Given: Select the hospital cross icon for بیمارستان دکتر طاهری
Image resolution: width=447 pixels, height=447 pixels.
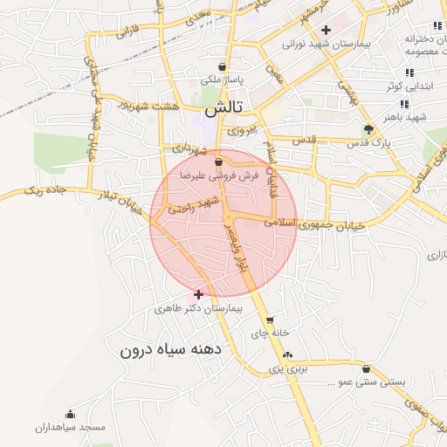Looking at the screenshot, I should (200, 294).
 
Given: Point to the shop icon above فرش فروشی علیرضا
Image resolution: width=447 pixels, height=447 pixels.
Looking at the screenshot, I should (218, 162).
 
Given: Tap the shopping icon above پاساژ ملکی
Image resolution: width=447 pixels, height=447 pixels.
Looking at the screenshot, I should (224, 65).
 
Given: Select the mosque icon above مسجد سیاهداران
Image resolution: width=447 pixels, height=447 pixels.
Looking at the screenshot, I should (70, 414).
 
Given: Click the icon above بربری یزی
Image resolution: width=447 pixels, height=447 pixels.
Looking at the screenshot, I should (288, 354).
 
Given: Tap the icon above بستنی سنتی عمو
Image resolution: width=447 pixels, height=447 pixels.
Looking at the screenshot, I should (365, 369).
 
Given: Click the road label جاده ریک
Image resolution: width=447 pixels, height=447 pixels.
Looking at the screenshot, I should (45, 189).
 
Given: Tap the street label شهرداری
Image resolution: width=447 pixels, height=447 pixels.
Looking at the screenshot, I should (193, 149).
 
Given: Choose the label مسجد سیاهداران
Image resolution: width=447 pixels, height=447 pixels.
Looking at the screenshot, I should (70, 428).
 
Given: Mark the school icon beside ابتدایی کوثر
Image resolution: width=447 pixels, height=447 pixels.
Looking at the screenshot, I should (408, 73).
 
